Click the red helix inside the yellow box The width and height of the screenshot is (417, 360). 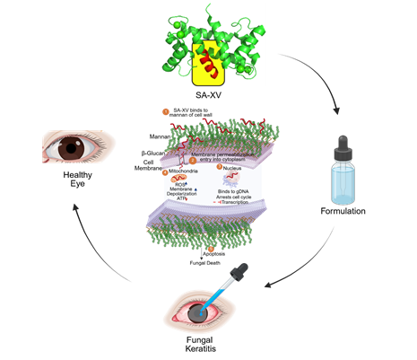point(208,64)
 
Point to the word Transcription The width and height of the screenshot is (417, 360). point(242,204)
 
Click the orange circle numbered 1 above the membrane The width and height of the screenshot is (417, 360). point(166,112)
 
